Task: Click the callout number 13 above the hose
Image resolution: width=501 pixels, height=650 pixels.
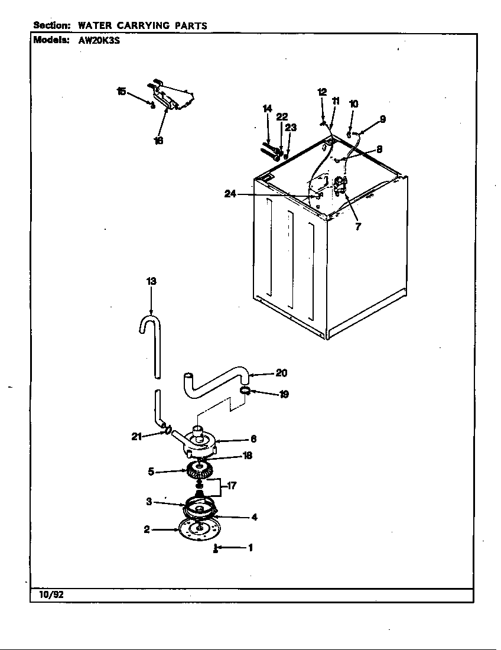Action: tap(151, 282)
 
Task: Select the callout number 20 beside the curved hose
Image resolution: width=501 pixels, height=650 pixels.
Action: tap(281, 373)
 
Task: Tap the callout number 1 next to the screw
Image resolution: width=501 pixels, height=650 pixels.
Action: tap(250, 548)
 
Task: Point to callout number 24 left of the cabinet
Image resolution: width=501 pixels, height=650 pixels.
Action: tap(231, 194)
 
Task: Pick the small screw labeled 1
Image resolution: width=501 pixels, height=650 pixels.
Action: tap(216, 549)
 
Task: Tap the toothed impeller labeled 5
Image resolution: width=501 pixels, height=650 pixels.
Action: tap(199, 472)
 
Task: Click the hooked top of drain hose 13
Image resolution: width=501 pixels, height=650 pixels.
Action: tap(150, 321)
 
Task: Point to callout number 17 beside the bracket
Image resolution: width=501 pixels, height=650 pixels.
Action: tap(232, 486)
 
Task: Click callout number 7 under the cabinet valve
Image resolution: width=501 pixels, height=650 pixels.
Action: tap(358, 226)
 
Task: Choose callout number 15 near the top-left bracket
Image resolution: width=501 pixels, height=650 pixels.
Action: tap(121, 91)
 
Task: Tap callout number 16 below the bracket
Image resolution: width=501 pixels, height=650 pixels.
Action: tap(158, 141)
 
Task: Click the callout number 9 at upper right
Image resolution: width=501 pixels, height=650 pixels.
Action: tap(382, 119)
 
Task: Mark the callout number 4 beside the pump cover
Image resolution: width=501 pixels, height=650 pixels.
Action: tap(254, 517)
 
